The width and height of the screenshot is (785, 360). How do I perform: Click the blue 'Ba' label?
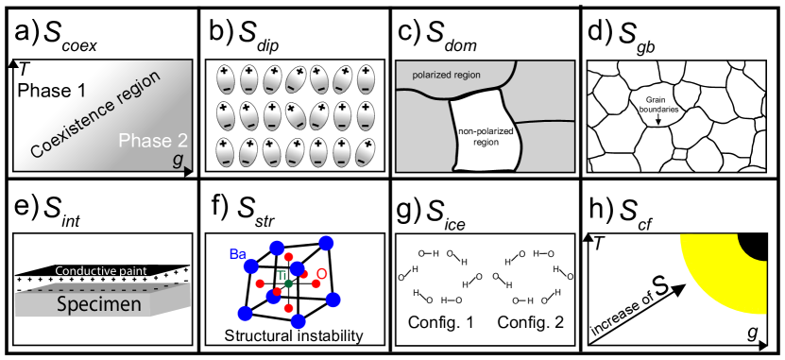238,253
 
